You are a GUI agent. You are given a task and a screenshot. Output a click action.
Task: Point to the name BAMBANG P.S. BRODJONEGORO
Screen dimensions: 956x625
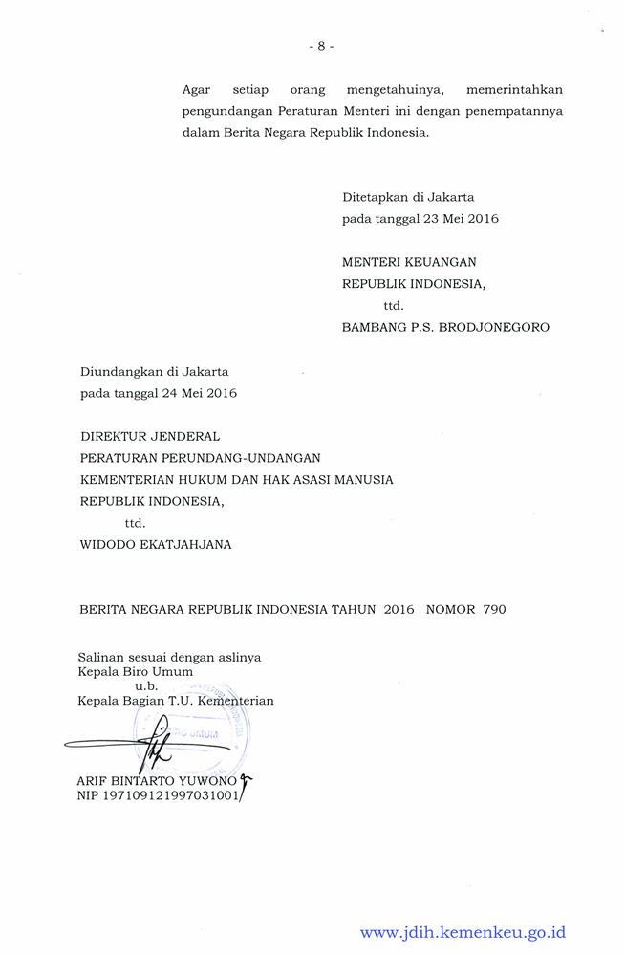pos(445,327)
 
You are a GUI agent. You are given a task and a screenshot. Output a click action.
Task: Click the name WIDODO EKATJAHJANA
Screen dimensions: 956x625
pos(156,545)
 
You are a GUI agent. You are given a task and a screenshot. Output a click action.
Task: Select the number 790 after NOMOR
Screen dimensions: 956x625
pos(495,609)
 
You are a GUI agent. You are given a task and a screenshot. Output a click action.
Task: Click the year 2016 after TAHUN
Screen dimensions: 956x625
pos(399,609)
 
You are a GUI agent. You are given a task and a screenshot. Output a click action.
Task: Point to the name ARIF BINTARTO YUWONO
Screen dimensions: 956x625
pos(159,780)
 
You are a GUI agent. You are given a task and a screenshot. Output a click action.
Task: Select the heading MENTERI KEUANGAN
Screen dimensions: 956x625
pos(409,261)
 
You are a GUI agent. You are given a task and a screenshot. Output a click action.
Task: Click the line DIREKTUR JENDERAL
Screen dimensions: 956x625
pos(150,436)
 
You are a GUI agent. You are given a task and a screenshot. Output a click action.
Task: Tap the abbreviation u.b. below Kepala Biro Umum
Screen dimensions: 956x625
pos(145,685)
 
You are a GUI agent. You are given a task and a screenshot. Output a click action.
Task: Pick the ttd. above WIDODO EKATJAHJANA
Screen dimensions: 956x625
pos(135,523)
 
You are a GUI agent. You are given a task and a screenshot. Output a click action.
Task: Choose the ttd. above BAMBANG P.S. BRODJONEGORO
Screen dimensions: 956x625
pos(393,306)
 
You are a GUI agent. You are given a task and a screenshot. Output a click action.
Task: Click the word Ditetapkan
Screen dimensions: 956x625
pos(375,197)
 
